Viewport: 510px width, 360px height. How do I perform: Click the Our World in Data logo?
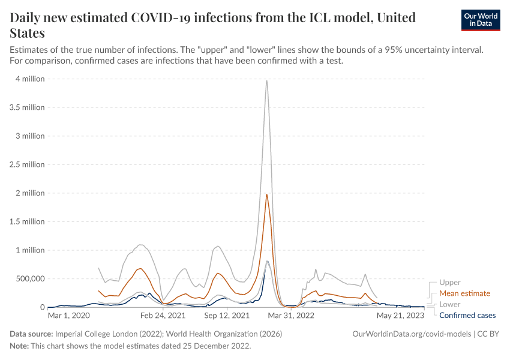(x=480, y=20)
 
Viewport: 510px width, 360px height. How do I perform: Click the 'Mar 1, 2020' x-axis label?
(x=69, y=315)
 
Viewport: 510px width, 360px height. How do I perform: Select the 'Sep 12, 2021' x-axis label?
(x=227, y=315)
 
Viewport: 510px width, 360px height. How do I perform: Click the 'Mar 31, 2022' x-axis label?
(x=291, y=315)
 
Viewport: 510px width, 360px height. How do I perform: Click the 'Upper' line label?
(x=450, y=283)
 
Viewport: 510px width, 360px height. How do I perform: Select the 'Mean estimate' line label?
(x=464, y=293)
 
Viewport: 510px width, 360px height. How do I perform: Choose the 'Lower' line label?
(x=450, y=304)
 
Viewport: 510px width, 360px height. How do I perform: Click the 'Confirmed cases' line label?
(x=467, y=315)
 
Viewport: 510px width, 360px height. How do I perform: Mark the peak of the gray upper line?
(x=266, y=80)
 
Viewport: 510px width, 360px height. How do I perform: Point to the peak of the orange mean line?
(x=266, y=194)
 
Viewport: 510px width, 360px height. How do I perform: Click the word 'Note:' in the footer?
(x=21, y=346)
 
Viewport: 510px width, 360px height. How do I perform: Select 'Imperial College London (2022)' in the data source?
(x=111, y=334)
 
